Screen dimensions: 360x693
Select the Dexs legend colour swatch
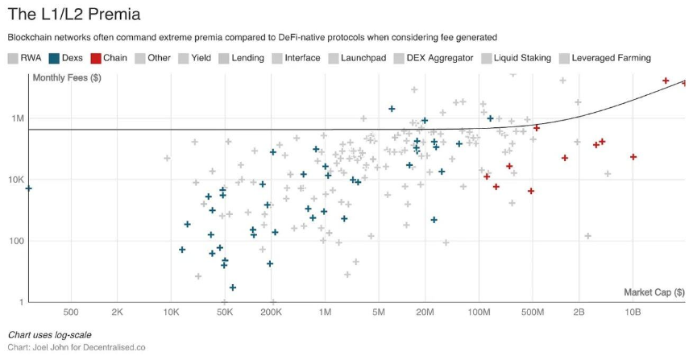point(54,58)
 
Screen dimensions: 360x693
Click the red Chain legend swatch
point(95,58)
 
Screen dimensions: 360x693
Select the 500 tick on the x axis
point(70,312)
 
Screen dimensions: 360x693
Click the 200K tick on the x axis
point(272,312)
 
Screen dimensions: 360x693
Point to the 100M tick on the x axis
point(479,312)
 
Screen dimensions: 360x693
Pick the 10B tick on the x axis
point(633,312)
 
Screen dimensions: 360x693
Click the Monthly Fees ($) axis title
point(66,78)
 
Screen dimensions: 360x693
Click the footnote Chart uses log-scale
point(49,334)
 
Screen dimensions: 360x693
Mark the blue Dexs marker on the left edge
point(28,188)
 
